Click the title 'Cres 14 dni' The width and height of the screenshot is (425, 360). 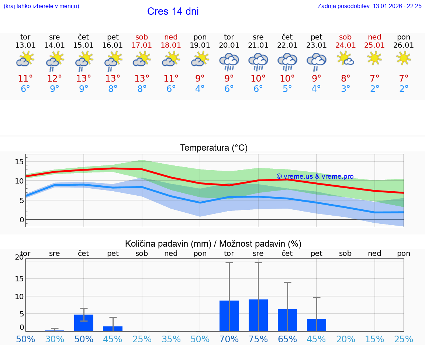[x=173, y=11]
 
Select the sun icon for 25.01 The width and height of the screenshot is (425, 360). [x=374, y=58]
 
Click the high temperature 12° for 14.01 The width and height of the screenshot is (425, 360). [x=55, y=79]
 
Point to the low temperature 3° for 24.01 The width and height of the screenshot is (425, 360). [x=346, y=89]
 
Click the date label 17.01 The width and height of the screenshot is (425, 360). [x=142, y=45]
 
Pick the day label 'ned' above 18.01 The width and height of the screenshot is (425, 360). [x=171, y=37]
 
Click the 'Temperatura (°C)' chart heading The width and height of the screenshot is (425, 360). [x=214, y=148]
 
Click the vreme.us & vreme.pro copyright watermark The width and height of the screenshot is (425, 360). [x=315, y=176]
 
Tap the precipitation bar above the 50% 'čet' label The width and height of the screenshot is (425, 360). [x=84, y=323]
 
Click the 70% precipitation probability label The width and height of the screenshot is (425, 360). [x=229, y=339]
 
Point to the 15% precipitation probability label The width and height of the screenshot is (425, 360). [x=375, y=339]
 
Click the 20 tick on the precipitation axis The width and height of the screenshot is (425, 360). [x=19, y=257]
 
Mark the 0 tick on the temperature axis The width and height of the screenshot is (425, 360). [x=22, y=220]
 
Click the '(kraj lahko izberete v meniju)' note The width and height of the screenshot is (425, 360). [x=41, y=6]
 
